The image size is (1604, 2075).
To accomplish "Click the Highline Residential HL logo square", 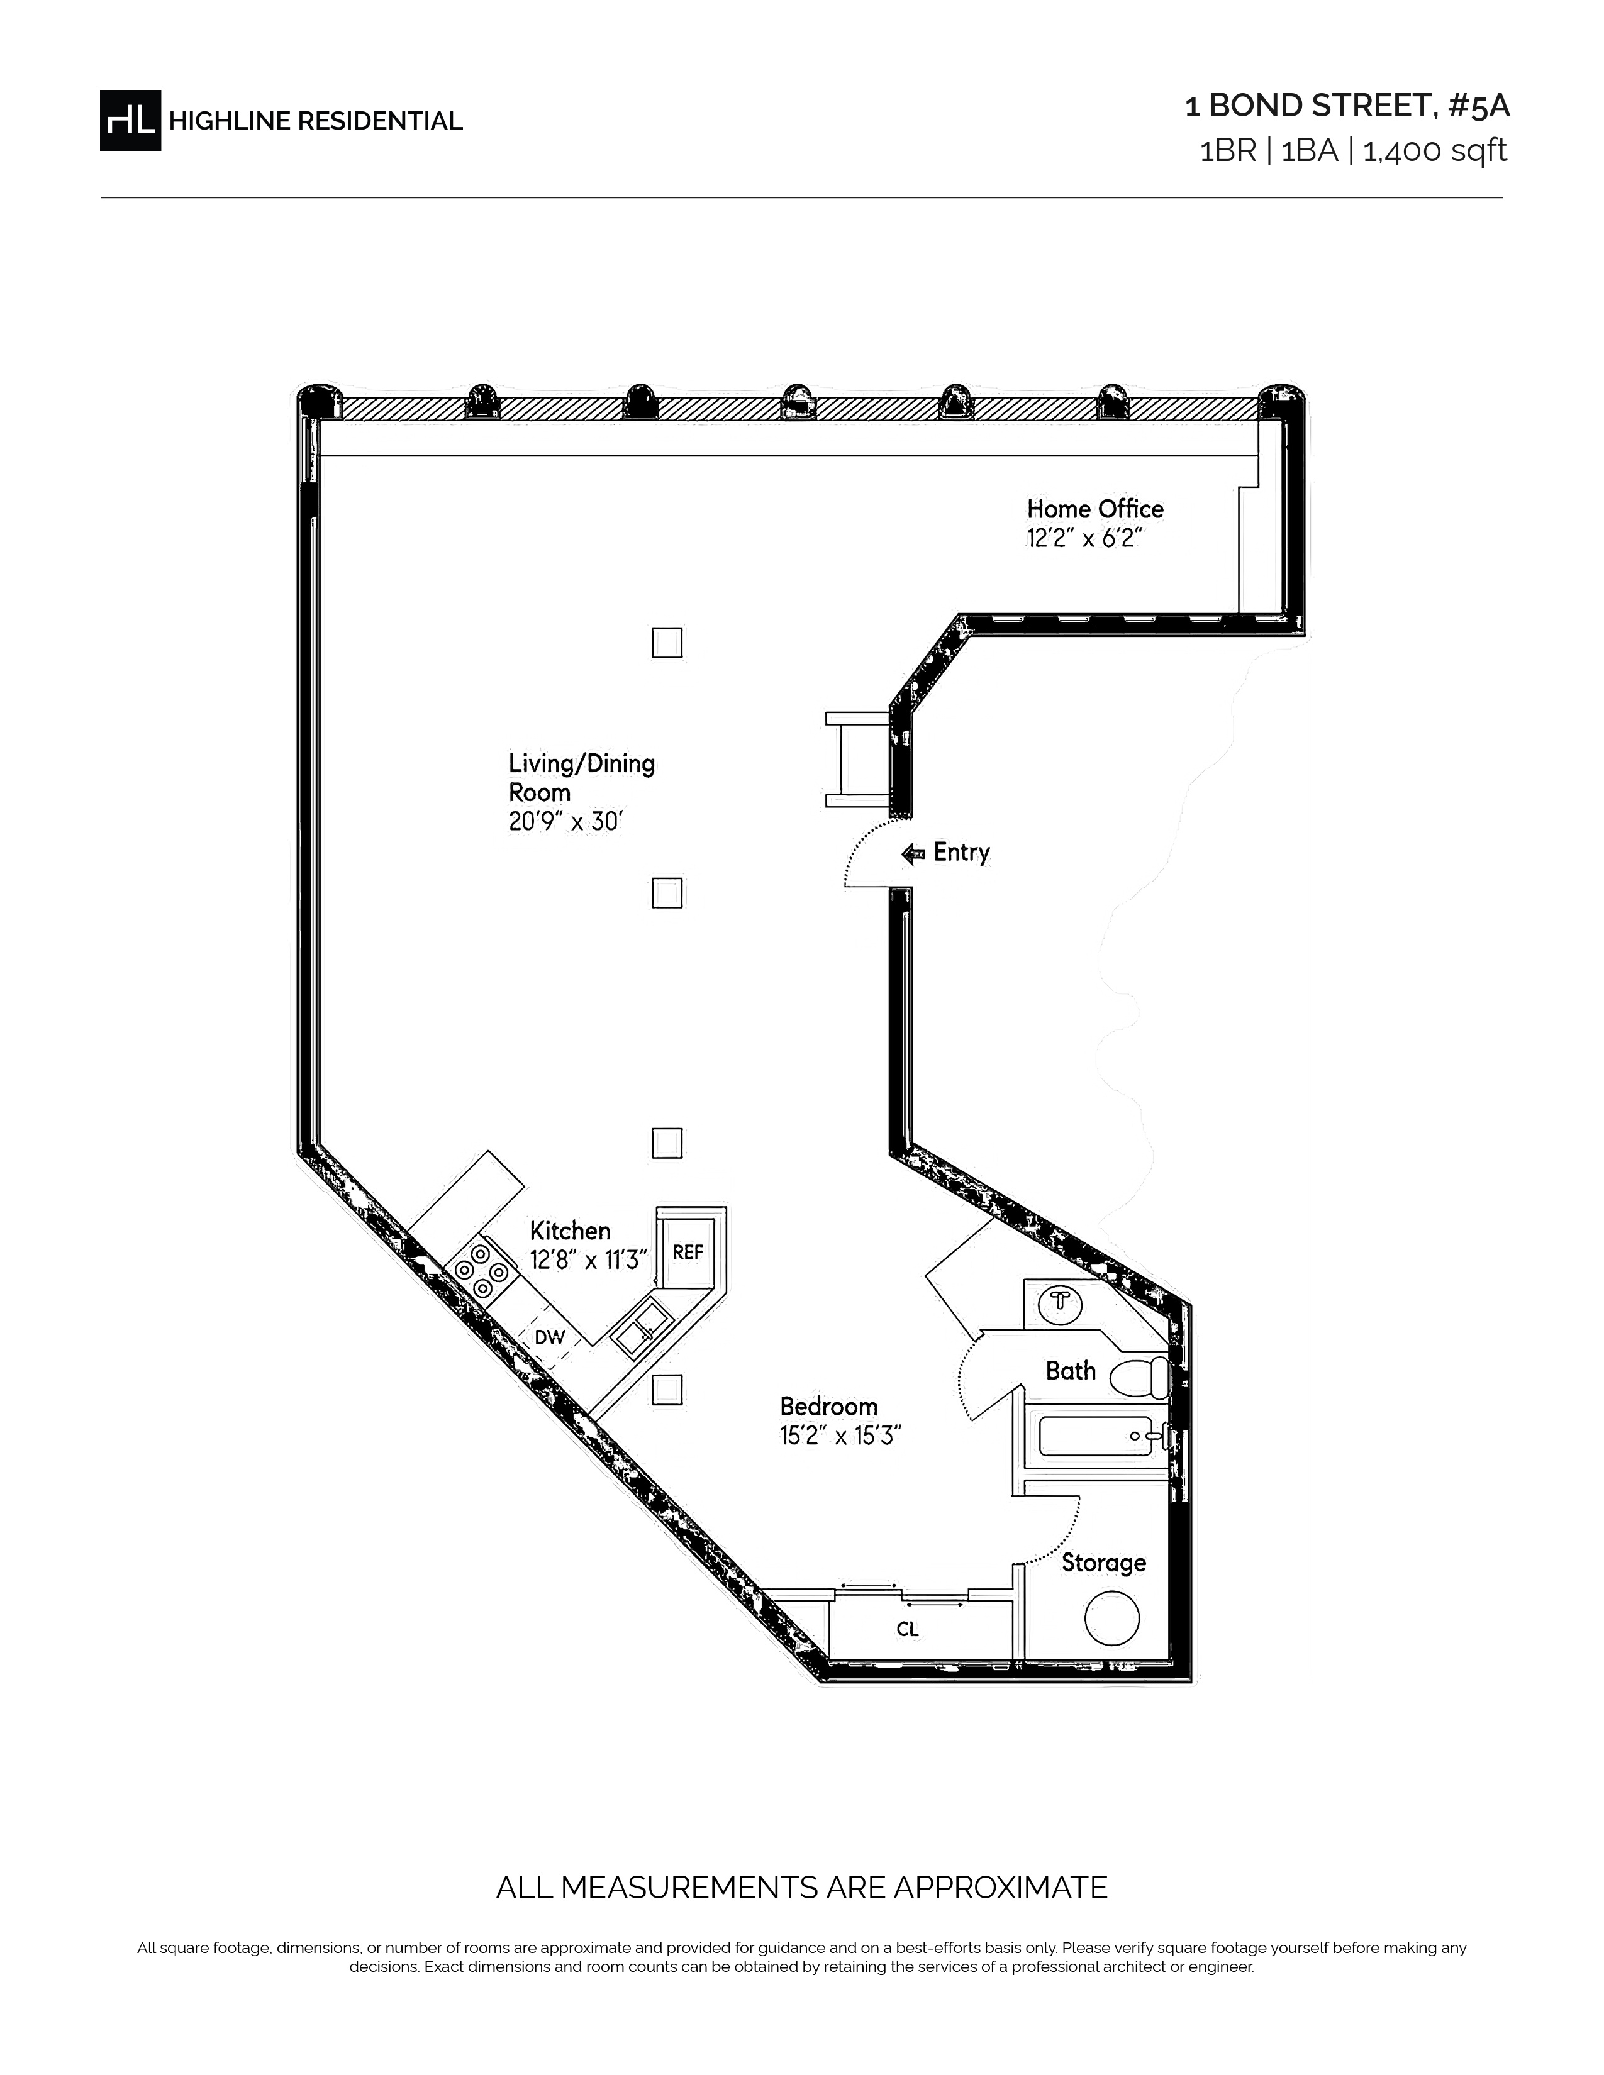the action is pos(130,119).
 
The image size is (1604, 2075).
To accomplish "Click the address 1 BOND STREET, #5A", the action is pos(1347,106).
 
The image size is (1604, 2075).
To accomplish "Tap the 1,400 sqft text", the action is pos(1435,151).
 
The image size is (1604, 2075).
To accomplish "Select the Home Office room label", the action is pos(1094,508).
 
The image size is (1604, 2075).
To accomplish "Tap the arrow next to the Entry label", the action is pos(913,854).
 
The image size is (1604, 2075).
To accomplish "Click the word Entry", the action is pos(962,852).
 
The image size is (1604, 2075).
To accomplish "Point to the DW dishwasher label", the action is pos(549,1337).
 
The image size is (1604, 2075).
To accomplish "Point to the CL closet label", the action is pos(908,1629).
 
